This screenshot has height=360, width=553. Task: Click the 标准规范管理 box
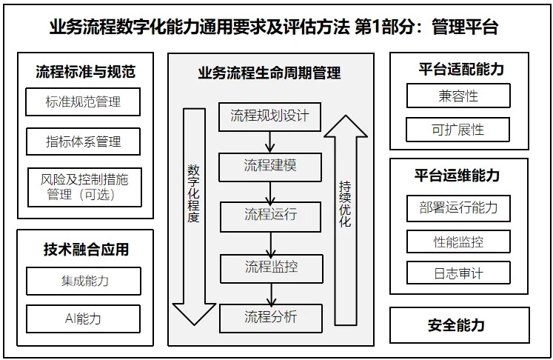coord(83,101)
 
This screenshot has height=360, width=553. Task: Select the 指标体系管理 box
coord(83,141)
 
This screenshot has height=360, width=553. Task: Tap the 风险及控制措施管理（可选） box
coord(83,187)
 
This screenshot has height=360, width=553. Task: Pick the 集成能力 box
coord(83,281)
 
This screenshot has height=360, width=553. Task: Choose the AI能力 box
coord(83,319)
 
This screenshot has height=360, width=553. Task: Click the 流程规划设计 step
coord(270,116)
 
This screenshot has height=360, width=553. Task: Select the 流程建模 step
coord(270,165)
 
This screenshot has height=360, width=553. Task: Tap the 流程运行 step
coord(270,215)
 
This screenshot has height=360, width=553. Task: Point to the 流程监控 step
coord(270,265)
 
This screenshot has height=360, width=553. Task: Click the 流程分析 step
coord(270,317)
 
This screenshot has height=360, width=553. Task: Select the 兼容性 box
coord(458,96)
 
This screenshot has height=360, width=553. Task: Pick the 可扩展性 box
coord(458,130)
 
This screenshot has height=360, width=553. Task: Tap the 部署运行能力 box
coord(458,208)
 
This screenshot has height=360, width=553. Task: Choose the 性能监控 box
coord(458,241)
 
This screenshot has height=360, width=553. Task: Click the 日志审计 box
coord(458,273)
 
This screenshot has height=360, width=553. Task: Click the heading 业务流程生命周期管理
coord(269,73)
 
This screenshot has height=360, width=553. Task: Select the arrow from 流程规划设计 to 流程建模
coord(270,141)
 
